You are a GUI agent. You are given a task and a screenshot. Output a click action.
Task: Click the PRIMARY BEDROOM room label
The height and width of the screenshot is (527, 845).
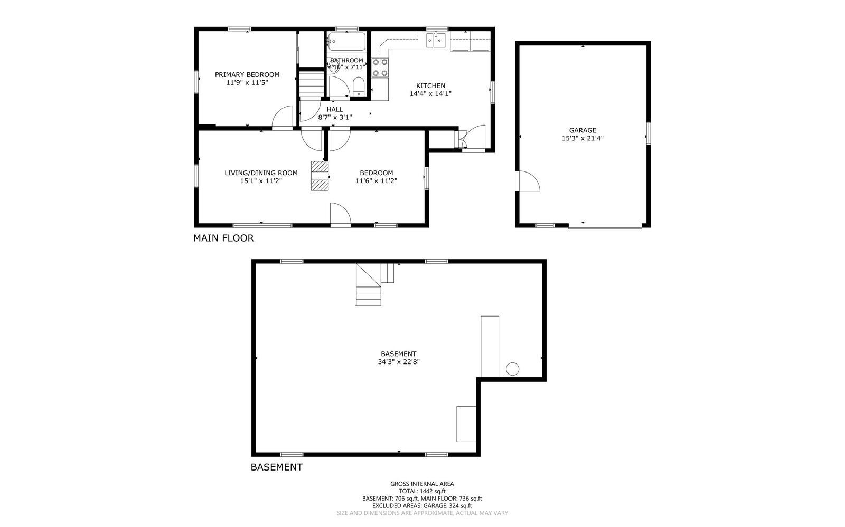[x=247, y=75]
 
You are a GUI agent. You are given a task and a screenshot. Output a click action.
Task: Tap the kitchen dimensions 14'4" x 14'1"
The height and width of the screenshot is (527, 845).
[x=430, y=94]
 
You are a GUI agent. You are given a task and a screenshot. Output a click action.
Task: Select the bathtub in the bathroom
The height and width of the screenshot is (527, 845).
[x=346, y=41]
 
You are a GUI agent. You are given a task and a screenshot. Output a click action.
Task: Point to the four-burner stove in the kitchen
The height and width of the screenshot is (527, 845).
[x=380, y=68]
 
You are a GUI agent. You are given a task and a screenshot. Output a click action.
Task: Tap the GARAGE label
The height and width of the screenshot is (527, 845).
[x=583, y=130]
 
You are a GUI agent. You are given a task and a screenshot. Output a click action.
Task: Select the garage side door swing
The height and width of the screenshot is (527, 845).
[x=528, y=181]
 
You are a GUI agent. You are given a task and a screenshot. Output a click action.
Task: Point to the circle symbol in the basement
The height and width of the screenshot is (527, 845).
[x=512, y=369]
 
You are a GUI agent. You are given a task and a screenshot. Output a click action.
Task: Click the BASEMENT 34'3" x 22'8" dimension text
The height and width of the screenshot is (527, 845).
[x=398, y=362]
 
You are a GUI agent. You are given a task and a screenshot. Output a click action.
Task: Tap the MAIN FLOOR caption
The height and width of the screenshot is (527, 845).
[x=223, y=238]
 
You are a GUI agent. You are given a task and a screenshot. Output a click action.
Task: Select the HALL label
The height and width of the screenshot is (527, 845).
[x=334, y=109]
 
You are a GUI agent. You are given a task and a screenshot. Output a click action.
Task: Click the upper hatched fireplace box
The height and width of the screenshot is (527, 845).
[x=319, y=167]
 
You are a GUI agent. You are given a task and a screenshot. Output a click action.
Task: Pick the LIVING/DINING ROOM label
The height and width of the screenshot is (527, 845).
[x=261, y=173]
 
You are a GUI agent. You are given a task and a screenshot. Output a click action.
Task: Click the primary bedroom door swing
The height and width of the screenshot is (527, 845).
[x=283, y=117]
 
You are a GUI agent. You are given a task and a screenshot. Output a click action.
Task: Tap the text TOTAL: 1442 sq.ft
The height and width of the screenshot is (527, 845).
[x=421, y=491]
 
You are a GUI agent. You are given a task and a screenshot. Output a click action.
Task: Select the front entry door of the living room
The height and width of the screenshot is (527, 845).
[x=340, y=215]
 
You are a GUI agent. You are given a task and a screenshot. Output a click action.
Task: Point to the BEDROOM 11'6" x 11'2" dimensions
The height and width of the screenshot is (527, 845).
[x=376, y=181]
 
